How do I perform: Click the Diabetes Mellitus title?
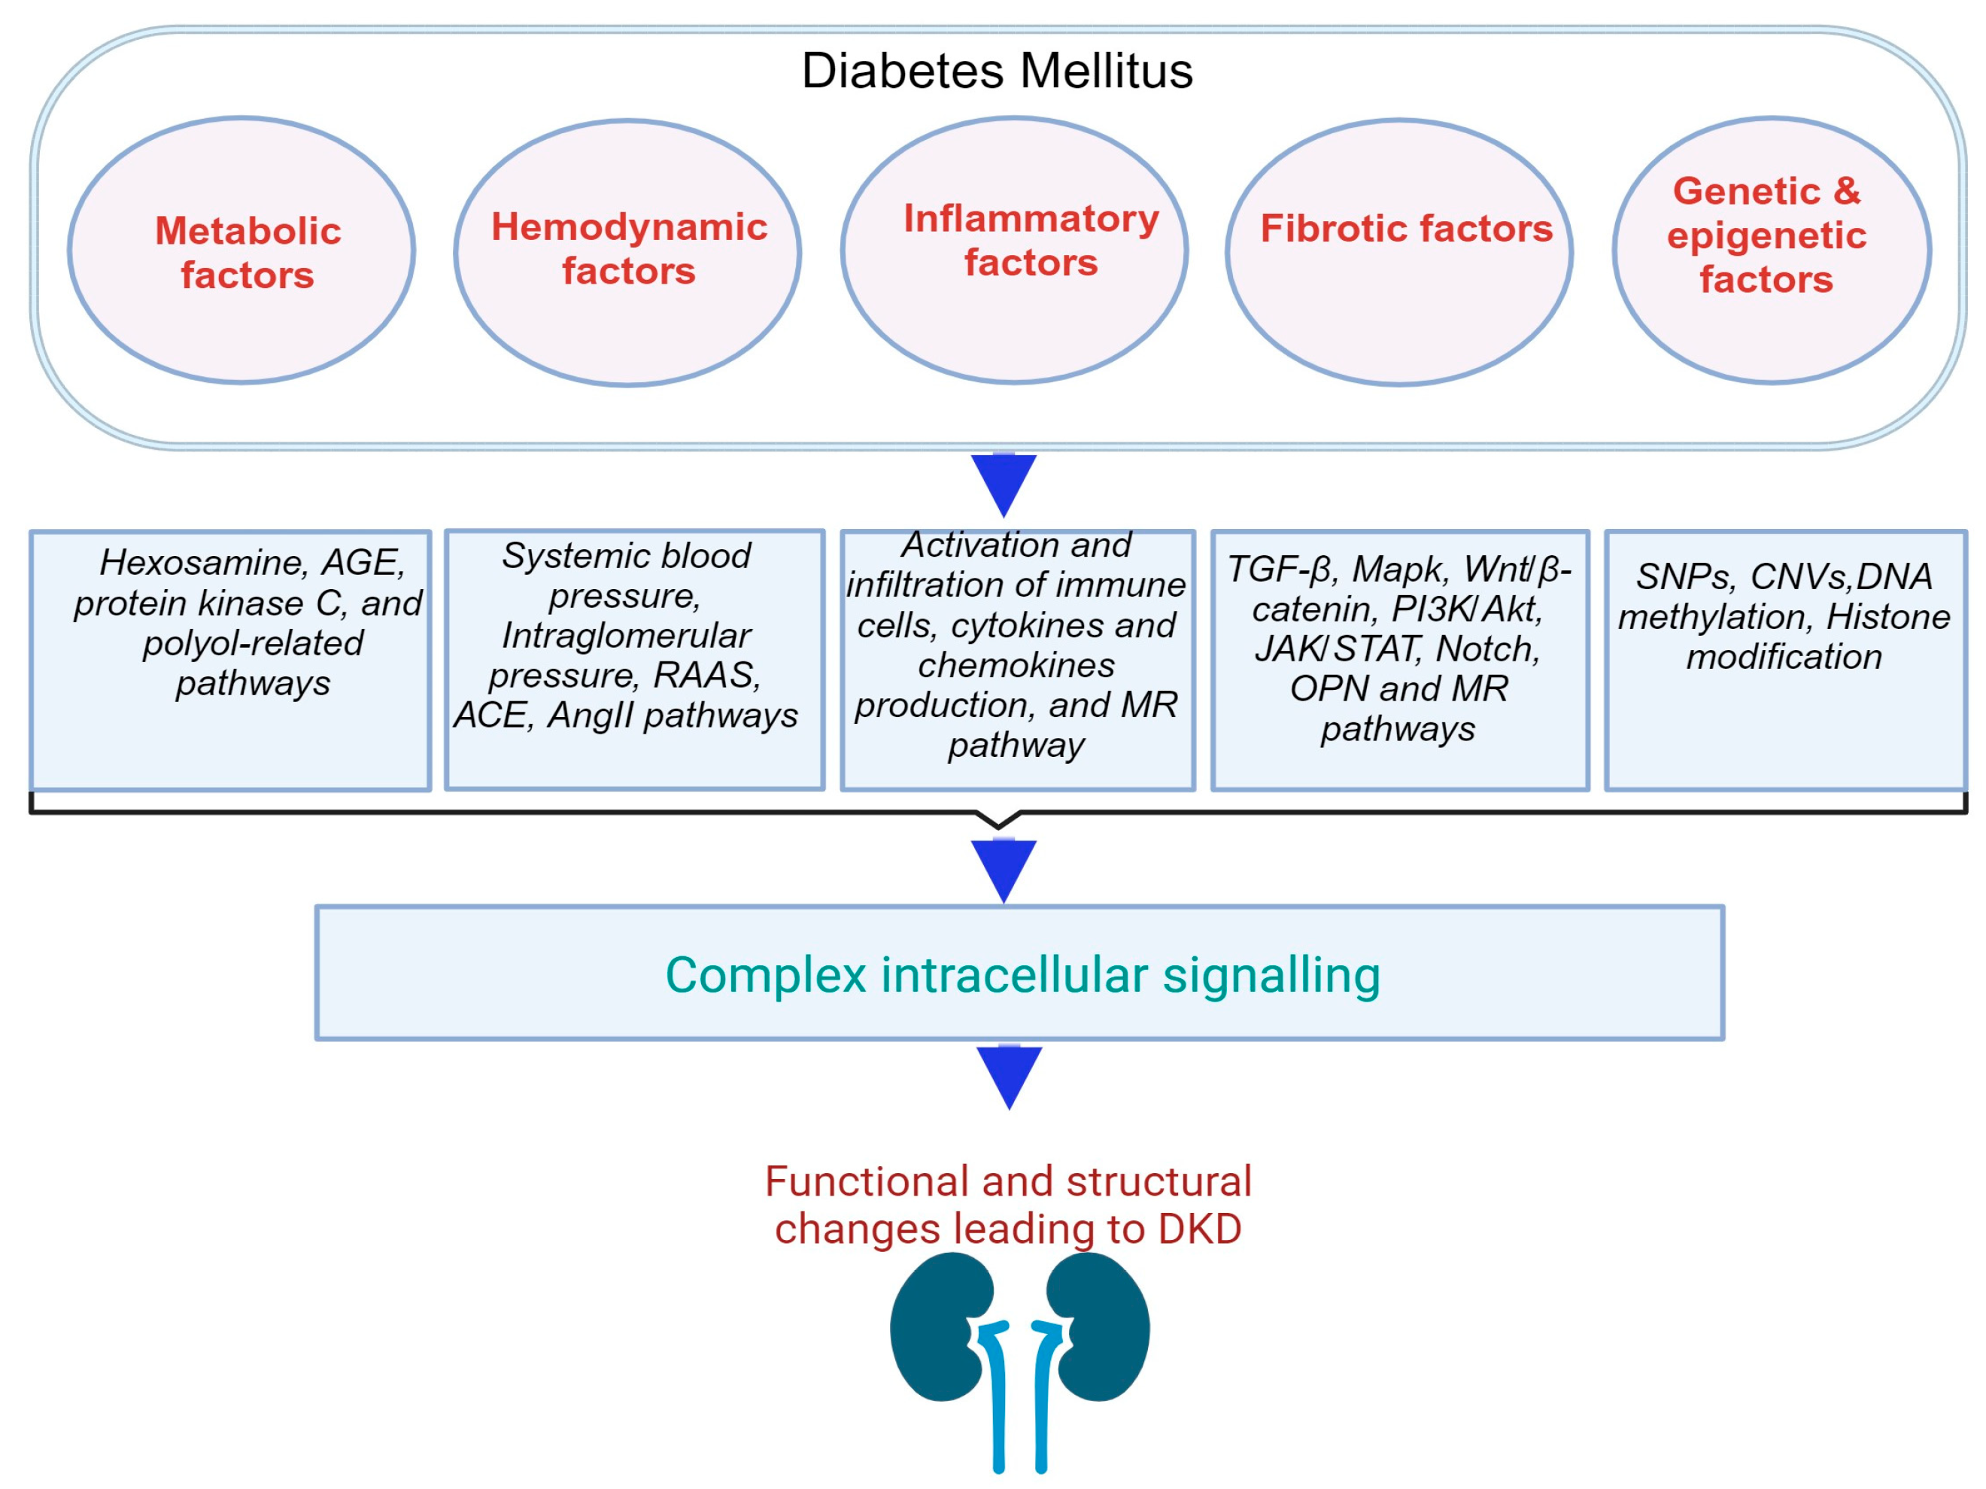(x=997, y=71)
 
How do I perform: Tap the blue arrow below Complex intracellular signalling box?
(x=1009, y=1077)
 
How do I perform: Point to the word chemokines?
(x=1016, y=665)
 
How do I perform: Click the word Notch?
(x=1488, y=649)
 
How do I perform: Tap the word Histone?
(x=1888, y=617)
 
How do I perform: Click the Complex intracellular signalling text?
(x=1022, y=975)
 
